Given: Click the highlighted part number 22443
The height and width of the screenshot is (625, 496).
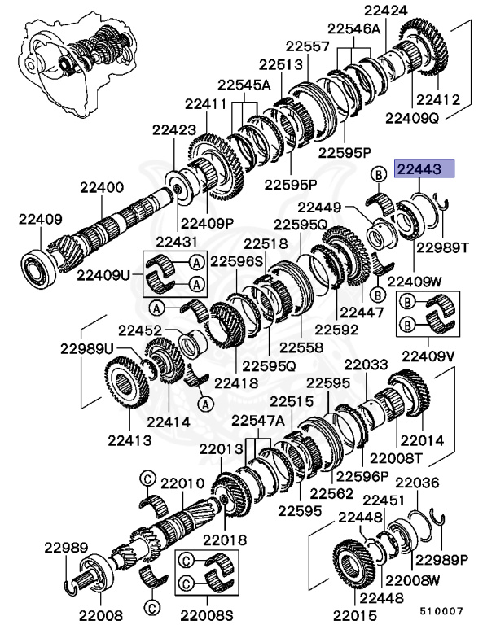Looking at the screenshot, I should pos(419,169).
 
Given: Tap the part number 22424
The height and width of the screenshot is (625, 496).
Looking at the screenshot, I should pos(386,11).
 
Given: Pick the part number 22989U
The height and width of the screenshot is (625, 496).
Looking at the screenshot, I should pos(86,347).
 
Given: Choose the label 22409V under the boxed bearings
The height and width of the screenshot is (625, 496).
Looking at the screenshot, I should pos(428,355).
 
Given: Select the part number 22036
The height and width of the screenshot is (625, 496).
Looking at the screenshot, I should pos(417,483).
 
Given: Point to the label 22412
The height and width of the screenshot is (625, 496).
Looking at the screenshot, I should pos(439,100).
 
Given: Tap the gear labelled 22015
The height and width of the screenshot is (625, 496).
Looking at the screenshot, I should pos(354,562).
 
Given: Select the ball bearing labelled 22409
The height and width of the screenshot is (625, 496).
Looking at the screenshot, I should pos(37,264).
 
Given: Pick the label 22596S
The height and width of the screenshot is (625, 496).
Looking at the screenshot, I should pos(237,262).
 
